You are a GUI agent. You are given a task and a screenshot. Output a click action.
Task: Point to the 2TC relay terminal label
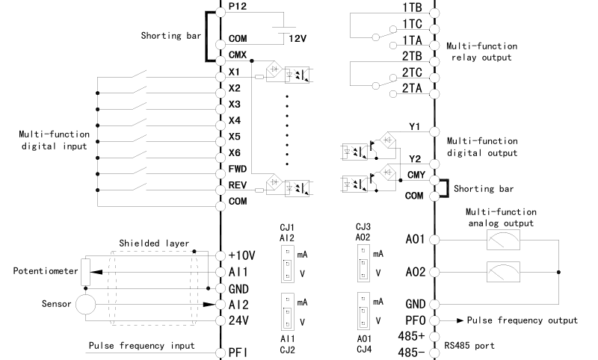(413, 72)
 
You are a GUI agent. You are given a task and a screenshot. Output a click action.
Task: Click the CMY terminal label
(416, 176)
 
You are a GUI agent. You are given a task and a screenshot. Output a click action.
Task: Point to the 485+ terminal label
(412, 336)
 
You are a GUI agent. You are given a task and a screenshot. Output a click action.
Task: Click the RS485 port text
(469, 346)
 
